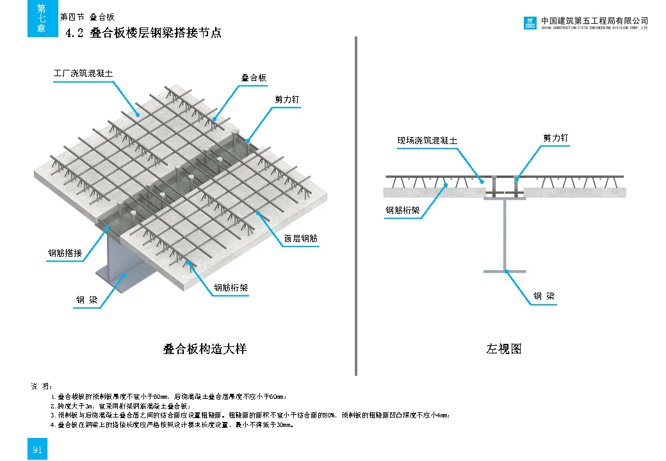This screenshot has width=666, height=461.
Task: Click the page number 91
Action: tap(37, 450)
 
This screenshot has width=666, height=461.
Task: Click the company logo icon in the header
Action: tap(530, 24)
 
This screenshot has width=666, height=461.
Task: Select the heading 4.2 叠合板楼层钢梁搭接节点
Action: tap(144, 33)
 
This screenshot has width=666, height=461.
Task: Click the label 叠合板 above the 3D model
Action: tap(254, 78)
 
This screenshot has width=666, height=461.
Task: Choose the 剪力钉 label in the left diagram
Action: tap(287, 100)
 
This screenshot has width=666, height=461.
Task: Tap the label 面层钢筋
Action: tap(301, 239)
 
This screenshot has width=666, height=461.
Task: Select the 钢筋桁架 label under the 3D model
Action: tap(231, 288)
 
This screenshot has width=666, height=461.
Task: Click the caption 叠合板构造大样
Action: tap(204, 349)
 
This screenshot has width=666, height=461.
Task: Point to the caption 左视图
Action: tap(504, 349)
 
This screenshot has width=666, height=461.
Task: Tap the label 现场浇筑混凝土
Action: tap(427, 141)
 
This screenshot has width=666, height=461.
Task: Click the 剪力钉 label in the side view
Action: tap(556, 138)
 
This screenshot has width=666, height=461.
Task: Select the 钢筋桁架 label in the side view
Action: tap(402, 210)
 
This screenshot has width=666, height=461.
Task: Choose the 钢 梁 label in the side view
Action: tap(544, 296)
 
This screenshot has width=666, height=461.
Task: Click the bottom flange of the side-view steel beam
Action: tap(505, 271)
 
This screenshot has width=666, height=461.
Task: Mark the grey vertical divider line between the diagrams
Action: tap(355, 205)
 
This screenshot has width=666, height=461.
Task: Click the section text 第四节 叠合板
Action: tap(87, 17)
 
